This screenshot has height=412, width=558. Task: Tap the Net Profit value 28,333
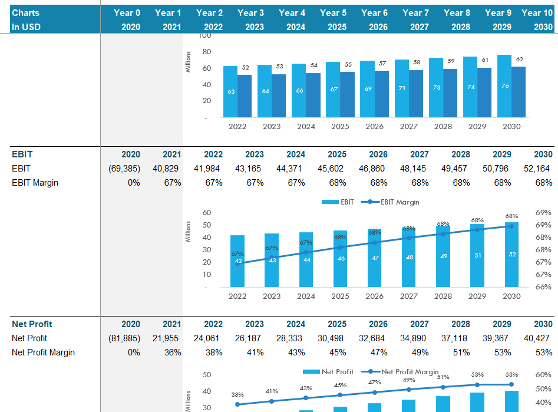292,338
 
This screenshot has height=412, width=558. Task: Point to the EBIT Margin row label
35,183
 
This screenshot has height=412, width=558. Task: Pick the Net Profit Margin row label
43,352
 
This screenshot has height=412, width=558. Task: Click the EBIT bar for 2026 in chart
375,258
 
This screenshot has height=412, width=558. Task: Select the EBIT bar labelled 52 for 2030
511,255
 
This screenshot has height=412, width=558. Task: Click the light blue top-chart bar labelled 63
230,91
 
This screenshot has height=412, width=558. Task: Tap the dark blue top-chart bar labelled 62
519,91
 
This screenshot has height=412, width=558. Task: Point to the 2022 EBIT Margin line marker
238,263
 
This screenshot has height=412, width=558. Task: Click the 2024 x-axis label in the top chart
306,126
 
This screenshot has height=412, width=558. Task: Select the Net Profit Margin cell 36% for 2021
172,352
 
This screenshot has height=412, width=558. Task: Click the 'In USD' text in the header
27,27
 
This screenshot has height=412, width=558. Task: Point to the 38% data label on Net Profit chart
237,394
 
